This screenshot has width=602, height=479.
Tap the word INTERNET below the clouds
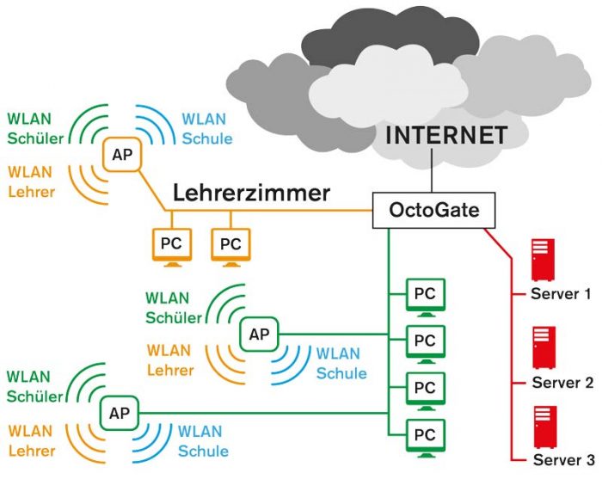pyautogui.click(x=446, y=136)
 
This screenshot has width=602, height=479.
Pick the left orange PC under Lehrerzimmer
pyautogui.click(x=169, y=244)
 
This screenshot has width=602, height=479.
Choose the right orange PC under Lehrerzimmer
pyautogui.click(x=230, y=244)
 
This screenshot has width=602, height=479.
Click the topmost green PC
pyautogui.click(x=425, y=295)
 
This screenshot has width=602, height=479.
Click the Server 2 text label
pyautogui.click(x=562, y=383)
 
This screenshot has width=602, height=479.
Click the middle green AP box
pyautogui.click(x=258, y=335)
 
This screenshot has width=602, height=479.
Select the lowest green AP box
pyautogui.click(x=117, y=412)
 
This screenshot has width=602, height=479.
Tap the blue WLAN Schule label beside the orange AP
pyautogui.click(x=206, y=128)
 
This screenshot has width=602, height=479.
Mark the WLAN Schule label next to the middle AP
pyautogui.click(x=341, y=363)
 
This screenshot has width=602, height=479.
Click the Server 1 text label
pyautogui.click(x=561, y=294)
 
